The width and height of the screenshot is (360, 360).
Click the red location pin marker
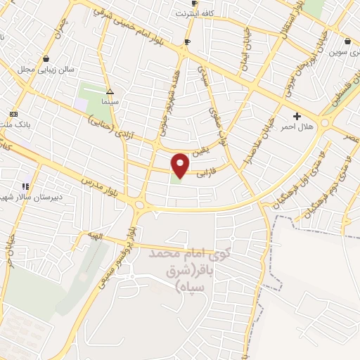click(x=181, y=165)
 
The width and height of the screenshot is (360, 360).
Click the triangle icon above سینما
click(x=109, y=91)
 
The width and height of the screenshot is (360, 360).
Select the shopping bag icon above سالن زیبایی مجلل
click(x=46, y=59)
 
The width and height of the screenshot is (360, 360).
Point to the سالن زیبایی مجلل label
click(x=46, y=70)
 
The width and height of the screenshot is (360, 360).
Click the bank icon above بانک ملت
click(x=13, y=114)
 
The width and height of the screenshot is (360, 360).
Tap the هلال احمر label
click(x=297, y=127)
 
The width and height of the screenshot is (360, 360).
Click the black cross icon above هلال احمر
click(x=297, y=115)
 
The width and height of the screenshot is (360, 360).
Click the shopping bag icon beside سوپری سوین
click(x=349, y=41)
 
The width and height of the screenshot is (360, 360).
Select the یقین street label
click(x=202, y=149)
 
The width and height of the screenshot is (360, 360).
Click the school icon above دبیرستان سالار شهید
click(x=25, y=186)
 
